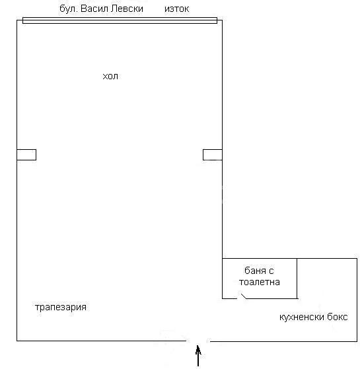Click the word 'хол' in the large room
pos(110,77)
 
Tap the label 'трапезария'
pos(61,308)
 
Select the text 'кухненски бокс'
pos(313,317)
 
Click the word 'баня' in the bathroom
pos(255,271)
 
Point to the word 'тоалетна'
pos(260,282)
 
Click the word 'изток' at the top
pos(176,9)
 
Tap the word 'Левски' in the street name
pos(127,9)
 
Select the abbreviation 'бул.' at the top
pos(69,9)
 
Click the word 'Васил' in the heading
pos(94,9)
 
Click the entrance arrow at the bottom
pos(198,356)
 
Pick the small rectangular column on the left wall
pos(26,155)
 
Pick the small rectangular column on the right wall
pos(213,155)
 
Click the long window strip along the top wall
pos(120,20)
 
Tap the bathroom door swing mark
pos(244,296)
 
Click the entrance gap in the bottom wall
pos(198,341)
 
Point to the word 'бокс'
pos(337,317)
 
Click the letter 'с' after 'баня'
pos(271,271)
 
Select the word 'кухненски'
pos(302,318)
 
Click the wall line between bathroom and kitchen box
pos(297,279)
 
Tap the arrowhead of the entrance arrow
pos(198,349)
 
